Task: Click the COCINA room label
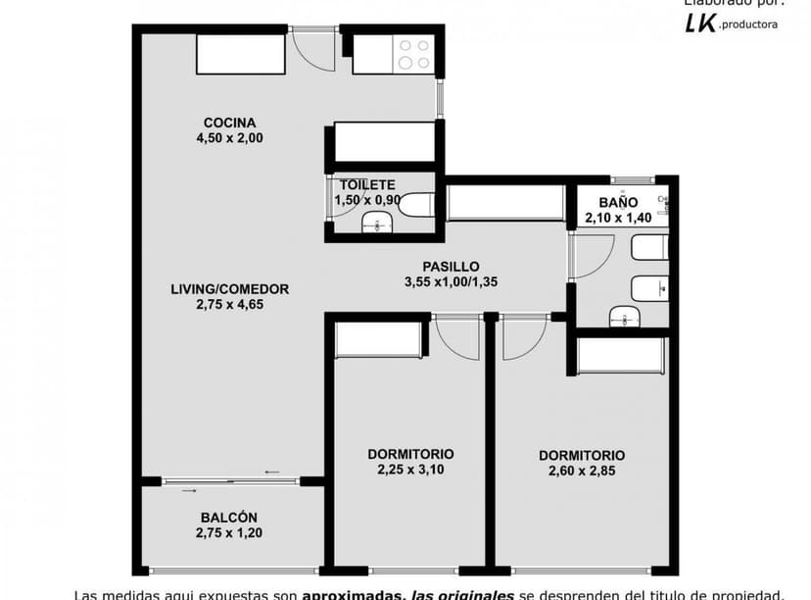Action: pyautogui.click(x=229, y=123)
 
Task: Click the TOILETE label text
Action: pyautogui.click(x=367, y=184)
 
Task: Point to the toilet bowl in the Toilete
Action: pyautogui.click(x=417, y=205)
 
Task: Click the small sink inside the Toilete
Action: pyautogui.click(x=375, y=224)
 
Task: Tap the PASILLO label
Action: pyautogui.click(x=451, y=266)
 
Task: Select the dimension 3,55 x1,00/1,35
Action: pyautogui.click(x=451, y=282)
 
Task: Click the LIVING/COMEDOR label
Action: pyautogui.click(x=229, y=289)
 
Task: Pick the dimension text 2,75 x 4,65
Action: pyautogui.click(x=229, y=304)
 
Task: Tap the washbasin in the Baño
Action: pyautogui.click(x=624, y=316)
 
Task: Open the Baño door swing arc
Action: pyautogui.click(x=593, y=256)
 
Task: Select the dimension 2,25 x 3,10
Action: pyautogui.click(x=410, y=470)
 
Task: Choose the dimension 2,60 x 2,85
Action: pyautogui.click(x=582, y=472)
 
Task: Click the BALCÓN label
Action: pyautogui.click(x=229, y=518)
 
